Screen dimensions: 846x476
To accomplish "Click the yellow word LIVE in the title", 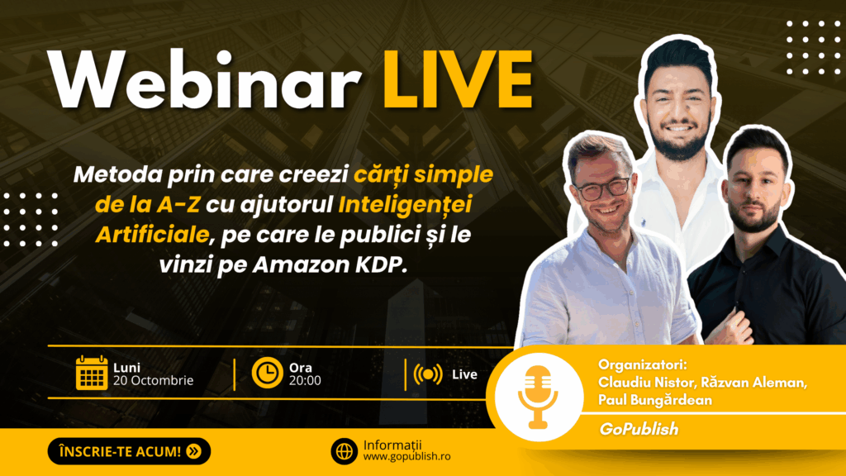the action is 458,80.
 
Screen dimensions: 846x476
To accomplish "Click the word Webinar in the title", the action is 205,80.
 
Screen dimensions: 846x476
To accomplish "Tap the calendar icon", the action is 92,373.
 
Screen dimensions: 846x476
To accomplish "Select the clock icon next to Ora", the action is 267,373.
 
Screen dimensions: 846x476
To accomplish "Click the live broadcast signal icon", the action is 428,374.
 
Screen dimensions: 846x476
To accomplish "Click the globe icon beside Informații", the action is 345,450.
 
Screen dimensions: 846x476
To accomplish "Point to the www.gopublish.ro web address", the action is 406,456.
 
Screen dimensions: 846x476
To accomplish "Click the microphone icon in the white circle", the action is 538,397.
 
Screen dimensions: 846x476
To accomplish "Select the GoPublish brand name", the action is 639,429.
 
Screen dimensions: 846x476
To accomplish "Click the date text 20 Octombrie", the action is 153,380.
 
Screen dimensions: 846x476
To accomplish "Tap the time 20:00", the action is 305,380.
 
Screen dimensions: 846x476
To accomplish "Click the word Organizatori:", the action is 643,364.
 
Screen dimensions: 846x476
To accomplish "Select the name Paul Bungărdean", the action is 655,401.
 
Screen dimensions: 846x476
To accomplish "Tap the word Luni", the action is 126,368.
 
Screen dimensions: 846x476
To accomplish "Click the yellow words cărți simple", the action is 424,175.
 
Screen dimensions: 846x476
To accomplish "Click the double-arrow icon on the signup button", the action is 193,451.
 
